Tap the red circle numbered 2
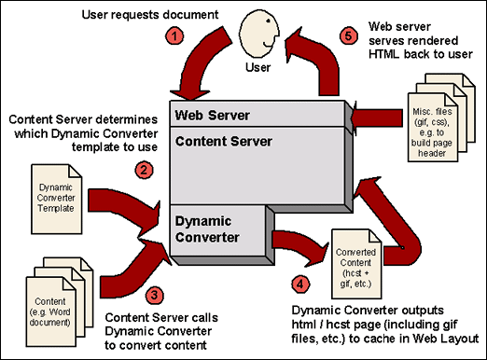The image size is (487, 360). pyautogui.click(x=144, y=170)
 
